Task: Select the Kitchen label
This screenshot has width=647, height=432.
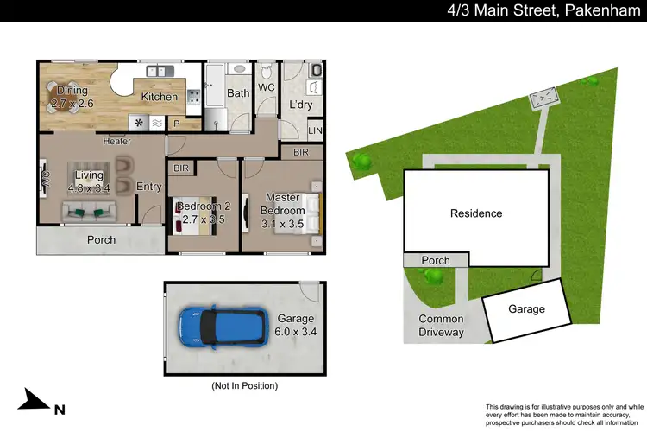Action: (160, 97)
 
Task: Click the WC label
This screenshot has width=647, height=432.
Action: (267, 87)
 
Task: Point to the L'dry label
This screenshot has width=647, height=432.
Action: (300, 105)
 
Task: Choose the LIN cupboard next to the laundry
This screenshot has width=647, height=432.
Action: (317, 130)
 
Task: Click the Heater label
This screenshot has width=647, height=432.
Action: (116, 141)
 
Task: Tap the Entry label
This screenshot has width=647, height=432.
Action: (149, 186)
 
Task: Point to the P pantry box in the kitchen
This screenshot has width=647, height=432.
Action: (178, 124)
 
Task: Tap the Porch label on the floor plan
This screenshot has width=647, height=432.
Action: (102, 240)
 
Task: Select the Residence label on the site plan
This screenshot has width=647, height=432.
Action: (475, 213)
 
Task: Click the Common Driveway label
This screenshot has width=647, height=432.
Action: (441, 326)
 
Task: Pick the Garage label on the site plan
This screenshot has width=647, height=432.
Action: (526, 309)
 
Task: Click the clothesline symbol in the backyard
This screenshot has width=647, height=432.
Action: (543, 100)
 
